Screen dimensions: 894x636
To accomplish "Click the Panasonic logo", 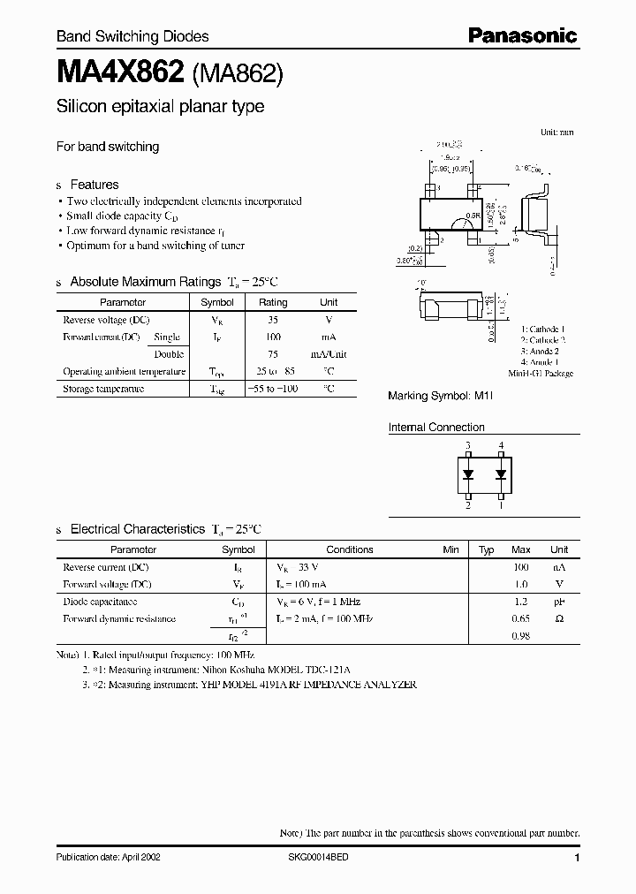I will [521, 35].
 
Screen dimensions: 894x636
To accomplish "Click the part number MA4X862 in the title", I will [119, 73].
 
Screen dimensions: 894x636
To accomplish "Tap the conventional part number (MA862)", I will [238, 74].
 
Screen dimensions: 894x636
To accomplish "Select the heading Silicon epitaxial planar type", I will [160, 107].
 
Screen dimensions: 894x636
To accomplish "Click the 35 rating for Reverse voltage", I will [273, 319].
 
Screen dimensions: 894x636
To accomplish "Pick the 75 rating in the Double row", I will [273, 353].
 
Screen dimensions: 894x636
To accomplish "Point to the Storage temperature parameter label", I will [103, 389].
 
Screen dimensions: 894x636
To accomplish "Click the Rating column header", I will [273, 302].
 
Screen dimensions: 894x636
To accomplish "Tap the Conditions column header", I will [350, 549].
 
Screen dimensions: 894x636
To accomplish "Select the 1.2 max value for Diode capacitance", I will [521, 601].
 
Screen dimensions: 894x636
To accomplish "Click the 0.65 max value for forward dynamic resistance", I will [521, 618].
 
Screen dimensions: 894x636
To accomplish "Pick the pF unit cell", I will [559, 601].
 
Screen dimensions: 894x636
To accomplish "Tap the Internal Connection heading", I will [436, 428].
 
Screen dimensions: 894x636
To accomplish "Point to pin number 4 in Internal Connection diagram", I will [501, 445].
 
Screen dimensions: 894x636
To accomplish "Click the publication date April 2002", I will [108, 858].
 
